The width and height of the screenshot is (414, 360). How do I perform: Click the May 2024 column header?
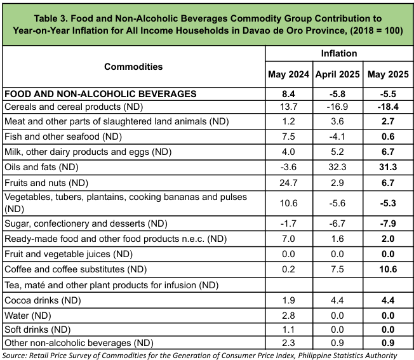288,74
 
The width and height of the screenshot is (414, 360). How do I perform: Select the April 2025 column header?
337,74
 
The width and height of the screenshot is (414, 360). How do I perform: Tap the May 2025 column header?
388,74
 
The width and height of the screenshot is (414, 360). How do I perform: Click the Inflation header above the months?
339,53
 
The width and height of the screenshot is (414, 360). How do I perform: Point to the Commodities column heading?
133,67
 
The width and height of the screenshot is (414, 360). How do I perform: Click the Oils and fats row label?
41,167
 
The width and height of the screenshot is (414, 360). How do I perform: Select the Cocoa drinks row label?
43,300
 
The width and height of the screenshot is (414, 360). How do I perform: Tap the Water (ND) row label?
28,316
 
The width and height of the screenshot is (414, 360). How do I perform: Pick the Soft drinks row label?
37,330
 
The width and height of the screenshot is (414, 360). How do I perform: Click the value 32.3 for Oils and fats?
337,167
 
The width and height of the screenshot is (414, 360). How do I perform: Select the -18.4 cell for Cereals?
388,107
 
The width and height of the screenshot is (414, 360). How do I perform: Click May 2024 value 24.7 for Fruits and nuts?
288,183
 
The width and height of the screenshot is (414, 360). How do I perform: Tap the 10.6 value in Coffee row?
388,269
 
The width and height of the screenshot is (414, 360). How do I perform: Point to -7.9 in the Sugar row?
388,223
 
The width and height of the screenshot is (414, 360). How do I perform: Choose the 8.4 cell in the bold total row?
288,94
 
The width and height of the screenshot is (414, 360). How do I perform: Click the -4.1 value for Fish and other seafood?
337,137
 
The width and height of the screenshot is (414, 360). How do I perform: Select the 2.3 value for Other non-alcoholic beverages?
288,343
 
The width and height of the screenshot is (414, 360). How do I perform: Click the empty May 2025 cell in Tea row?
388,285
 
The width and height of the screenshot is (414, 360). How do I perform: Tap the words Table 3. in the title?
50,18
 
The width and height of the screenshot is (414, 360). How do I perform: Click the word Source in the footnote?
14,356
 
